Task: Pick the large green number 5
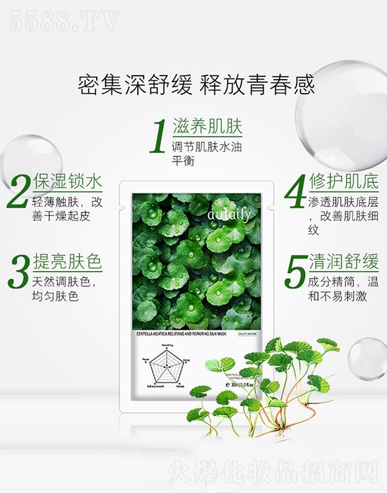(295, 272)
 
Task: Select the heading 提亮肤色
(67, 262)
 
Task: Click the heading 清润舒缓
(344, 262)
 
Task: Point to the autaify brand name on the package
(229, 216)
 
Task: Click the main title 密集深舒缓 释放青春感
(196, 83)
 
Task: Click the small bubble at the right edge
(367, 358)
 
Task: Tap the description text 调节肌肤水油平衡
(207, 154)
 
